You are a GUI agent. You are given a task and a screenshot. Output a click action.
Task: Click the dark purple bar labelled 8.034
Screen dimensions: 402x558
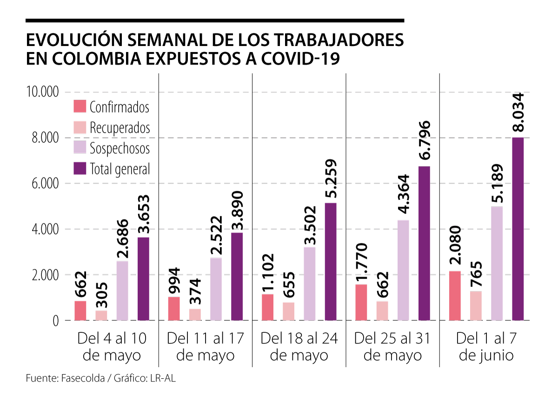tap(518, 229)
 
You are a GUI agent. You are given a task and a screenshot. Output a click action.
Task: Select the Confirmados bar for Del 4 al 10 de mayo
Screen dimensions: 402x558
tap(80, 311)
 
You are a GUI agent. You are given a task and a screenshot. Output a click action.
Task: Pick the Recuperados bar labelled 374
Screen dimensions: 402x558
tap(195, 315)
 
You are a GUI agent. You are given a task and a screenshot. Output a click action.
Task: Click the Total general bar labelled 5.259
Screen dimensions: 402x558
tap(331, 262)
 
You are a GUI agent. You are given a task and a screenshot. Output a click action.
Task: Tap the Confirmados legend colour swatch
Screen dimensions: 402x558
tap(80, 106)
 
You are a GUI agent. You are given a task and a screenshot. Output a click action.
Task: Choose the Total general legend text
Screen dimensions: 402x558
tap(120, 169)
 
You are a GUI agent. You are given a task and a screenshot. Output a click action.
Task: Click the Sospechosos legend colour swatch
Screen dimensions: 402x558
tap(80, 148)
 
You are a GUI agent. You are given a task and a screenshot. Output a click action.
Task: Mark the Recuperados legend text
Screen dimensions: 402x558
tap(120, 127)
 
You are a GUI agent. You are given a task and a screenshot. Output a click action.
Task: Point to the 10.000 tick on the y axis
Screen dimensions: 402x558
tap(43, 92)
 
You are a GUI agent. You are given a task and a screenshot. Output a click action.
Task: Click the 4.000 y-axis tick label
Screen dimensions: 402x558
tap(45, 229)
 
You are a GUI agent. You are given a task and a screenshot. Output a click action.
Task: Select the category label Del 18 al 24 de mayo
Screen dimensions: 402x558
tap(299, 347)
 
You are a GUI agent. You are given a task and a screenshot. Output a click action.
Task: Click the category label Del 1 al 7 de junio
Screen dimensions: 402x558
tap(486, 347)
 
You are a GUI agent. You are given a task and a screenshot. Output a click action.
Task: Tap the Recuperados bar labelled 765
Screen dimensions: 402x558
tap(475, 306)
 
